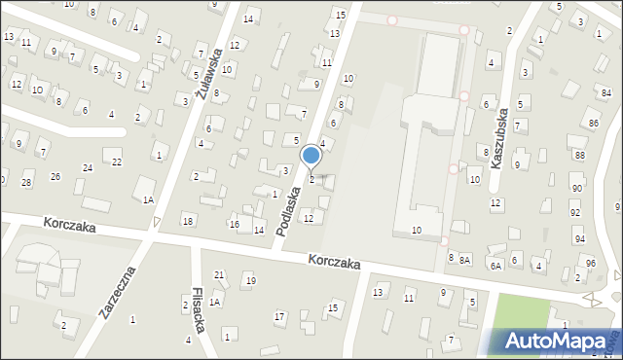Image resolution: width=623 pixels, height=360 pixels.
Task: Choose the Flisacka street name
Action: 199,309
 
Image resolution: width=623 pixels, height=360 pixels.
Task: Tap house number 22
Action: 117,162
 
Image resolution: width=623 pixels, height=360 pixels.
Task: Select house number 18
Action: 188,222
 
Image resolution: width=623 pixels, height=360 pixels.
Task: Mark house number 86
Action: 593,123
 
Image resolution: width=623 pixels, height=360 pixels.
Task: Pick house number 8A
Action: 465,259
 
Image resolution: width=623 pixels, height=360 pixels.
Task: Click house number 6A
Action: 495,265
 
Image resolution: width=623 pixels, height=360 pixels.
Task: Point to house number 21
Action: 219,275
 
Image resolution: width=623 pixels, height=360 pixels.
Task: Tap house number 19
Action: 250,281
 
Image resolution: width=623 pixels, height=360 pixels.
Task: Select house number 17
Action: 279,316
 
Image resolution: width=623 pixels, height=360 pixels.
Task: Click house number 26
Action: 55,176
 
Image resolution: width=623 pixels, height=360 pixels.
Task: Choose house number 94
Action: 580,238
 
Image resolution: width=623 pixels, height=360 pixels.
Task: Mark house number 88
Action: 579,156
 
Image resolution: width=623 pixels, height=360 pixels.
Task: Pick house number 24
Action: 87,168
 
